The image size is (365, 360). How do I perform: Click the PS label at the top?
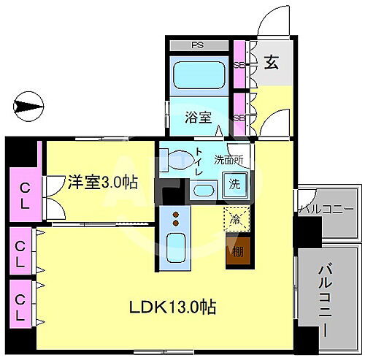[x=196, y=45]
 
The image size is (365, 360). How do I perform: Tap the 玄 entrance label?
[x=271, y=63]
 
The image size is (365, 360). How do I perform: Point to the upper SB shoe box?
[x=238, y=64]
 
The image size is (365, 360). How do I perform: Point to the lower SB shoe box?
[x=238, y=117]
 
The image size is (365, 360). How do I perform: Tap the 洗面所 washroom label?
[x=228, y=158]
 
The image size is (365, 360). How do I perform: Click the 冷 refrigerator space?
[x=236, y=218]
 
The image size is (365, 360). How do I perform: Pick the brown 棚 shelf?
[x=237, y=253]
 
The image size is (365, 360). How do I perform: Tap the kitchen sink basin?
[x=174, y=249]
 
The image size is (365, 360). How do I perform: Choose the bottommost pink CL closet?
[x=23, y=299]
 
